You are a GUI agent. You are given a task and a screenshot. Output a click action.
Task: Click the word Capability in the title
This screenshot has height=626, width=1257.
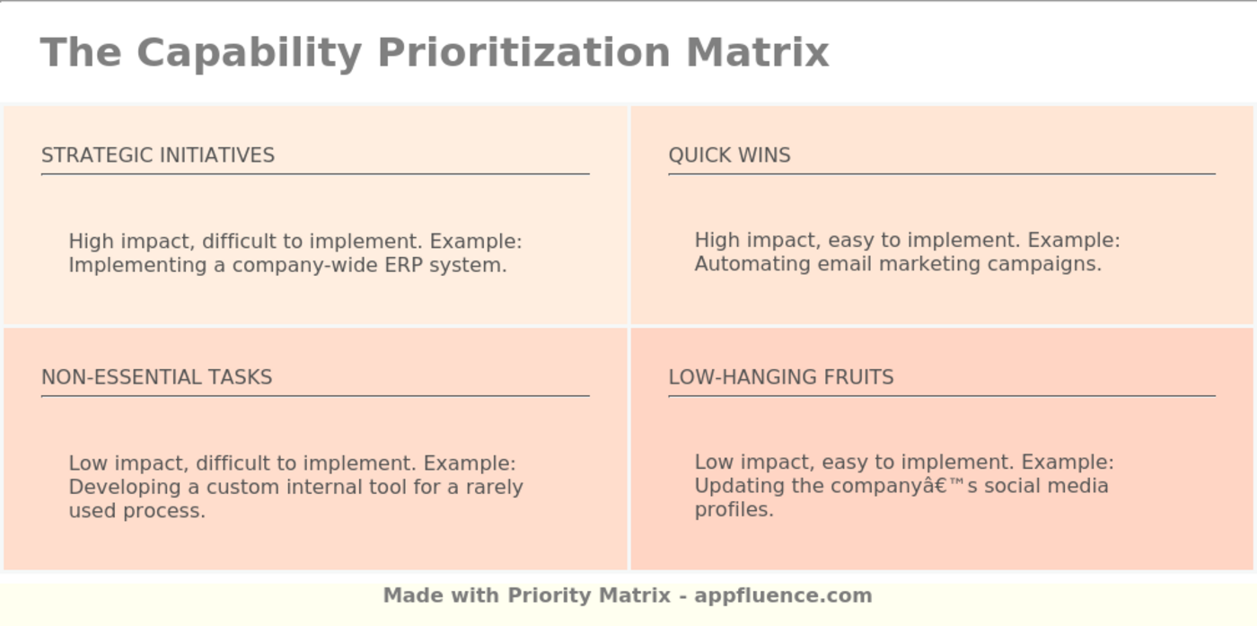pos(250,54)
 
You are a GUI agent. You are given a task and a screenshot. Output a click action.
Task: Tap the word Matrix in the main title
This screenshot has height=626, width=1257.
pos(758,53)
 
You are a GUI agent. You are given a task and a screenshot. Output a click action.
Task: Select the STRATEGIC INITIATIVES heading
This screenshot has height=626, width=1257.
pos(158,155)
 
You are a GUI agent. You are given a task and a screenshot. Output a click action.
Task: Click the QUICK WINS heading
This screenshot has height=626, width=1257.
pos(729,155)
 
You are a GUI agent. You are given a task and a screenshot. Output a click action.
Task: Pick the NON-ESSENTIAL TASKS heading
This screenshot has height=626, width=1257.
pos(156,377)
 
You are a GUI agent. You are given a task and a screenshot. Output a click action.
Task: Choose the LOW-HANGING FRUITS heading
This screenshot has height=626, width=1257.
pos(781,377)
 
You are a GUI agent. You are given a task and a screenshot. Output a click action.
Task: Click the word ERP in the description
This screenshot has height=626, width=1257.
pos(403,265)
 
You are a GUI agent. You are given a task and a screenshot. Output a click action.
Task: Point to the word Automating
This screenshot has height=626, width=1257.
pos(752,264)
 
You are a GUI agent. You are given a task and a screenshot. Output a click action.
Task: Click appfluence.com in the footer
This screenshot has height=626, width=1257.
pos(783,595)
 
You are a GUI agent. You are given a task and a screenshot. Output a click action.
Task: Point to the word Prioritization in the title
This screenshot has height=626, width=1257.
pos(524,53)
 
